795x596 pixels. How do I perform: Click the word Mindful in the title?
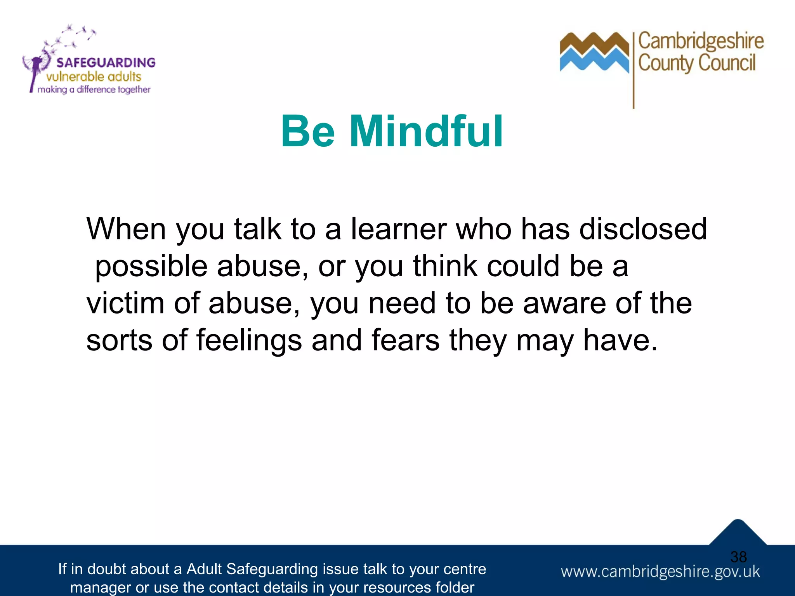[426, 132]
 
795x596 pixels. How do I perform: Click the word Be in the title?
[307, 132]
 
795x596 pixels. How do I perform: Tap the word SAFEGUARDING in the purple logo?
[106, 62]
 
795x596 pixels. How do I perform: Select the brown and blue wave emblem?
[594, 52]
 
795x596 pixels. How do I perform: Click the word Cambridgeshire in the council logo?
[701, 41]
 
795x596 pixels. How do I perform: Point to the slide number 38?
[738, 557]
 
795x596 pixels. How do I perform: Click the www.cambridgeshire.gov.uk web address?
[660, 572]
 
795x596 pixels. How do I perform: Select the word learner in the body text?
[399, 229]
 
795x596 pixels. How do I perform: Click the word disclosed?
[643, 229]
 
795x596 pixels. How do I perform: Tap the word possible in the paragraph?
[151, 267]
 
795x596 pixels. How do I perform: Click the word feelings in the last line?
[249, 340]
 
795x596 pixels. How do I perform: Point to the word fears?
[406, 340]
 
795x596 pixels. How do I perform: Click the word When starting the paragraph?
[126, 229]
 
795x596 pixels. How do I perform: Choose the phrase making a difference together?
[94, 90]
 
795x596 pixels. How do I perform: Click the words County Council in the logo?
[697, 63]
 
